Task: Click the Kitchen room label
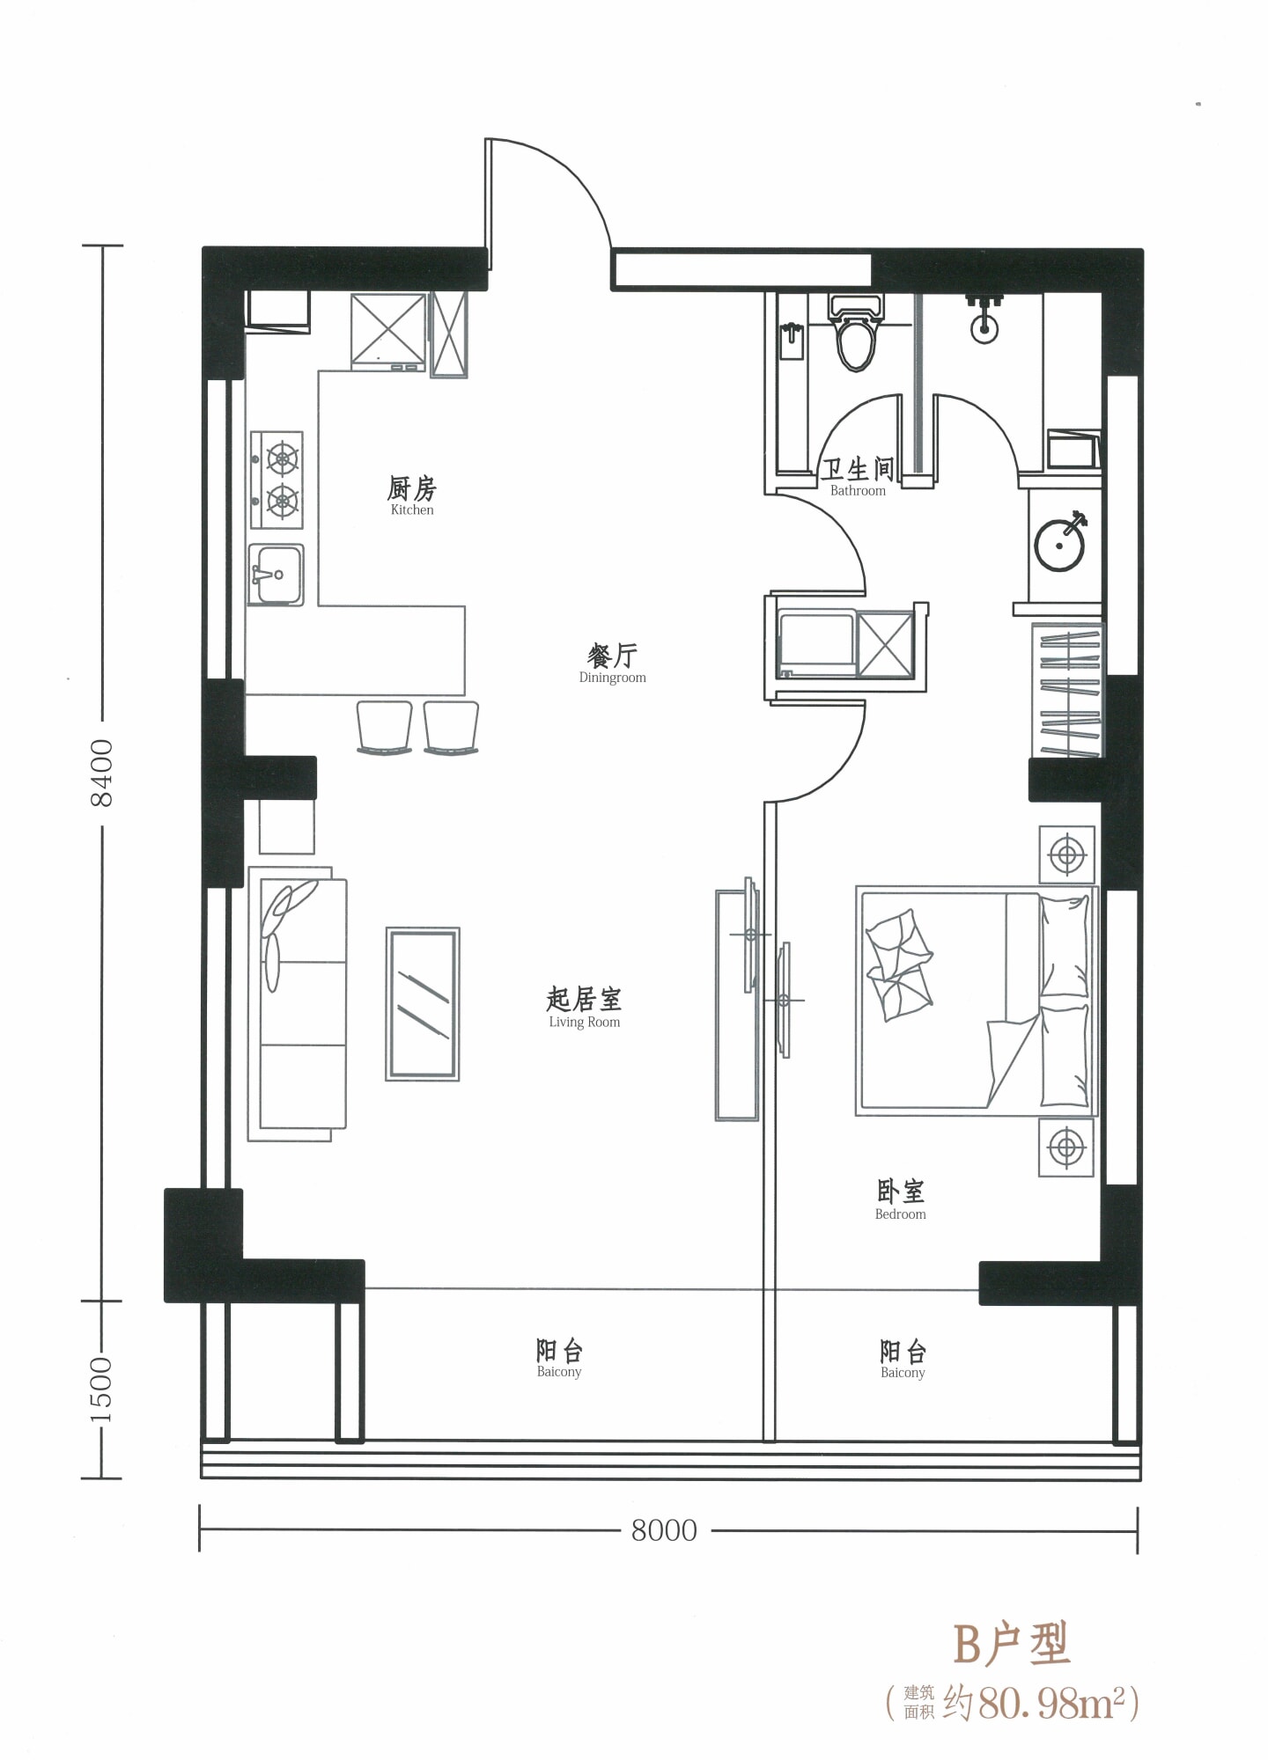pyautogui.click(x=412, y=496)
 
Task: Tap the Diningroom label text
pyautogui.click(x=612, y=664)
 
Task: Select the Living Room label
pyautogui.click(x=584, y=1008)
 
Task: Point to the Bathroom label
pyautogui.click(x=858, y=478)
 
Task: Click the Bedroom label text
pyautogui.click(x=900, y=1200)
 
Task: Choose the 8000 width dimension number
pyautogui.click(x=664, y=1530)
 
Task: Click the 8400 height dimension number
pyautogui.click(x=102, y=773)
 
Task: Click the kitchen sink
pyautogui.click(x=276, y=575)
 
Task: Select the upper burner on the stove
pyautogui.click(x=283, y=458)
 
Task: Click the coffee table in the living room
pyautogui.click(x=423, y=1004)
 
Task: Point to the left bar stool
pyautogui.click(x=384, y=728)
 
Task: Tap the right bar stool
pyautogui.click(x=452, y=728)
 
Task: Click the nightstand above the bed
pyautogui.click(x=1067, y=854)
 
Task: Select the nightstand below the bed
pyautogui.click(x=1066, y=1148)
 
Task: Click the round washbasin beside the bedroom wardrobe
pyautogui.click(x=1059, y=546)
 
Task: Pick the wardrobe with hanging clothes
pyautogui.click(x=1067, y=690)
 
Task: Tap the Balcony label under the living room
pyautogui.click(x=559, y=1359)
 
